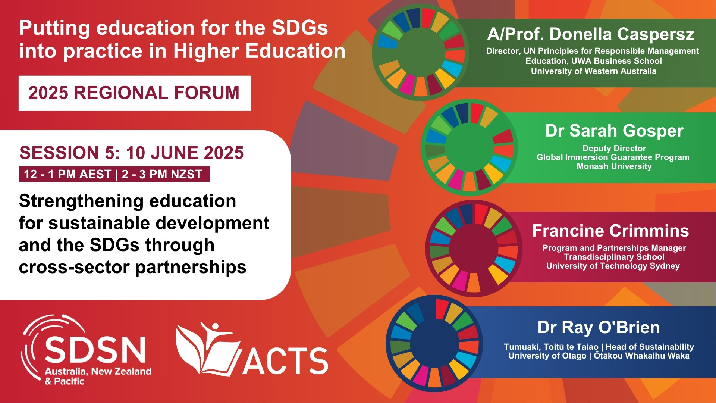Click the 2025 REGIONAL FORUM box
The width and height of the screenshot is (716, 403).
pos(135,93)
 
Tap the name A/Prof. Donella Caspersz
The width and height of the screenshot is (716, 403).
pos(591,34)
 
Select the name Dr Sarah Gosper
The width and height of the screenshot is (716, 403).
pos(614,131)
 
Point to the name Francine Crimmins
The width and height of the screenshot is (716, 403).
pos(610,231)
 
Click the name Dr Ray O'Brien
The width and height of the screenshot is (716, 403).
pos(599,327)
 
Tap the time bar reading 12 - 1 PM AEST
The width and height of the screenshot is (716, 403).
pos(114,174)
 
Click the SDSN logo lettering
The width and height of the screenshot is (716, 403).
pos(95,350)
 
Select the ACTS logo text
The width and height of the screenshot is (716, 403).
pos(285,361)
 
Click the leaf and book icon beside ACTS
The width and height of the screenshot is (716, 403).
pos(207,349)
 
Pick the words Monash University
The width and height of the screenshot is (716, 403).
pos(614,166)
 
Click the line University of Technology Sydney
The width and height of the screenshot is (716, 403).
pos(613,266)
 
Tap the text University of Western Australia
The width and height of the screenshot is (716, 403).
pos(594,71)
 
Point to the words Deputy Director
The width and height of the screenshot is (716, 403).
pos(614,149)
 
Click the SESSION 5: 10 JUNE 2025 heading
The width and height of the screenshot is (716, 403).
pos(131,153)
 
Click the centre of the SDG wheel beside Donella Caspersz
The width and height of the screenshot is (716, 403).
pos(420,53)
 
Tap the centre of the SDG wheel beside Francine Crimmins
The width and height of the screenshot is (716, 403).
pos(474,248)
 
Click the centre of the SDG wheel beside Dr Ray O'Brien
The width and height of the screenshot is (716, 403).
pos(434,343)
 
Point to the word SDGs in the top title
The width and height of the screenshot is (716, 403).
pos(300,28)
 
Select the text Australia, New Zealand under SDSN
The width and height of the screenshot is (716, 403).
pos(98,371)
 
